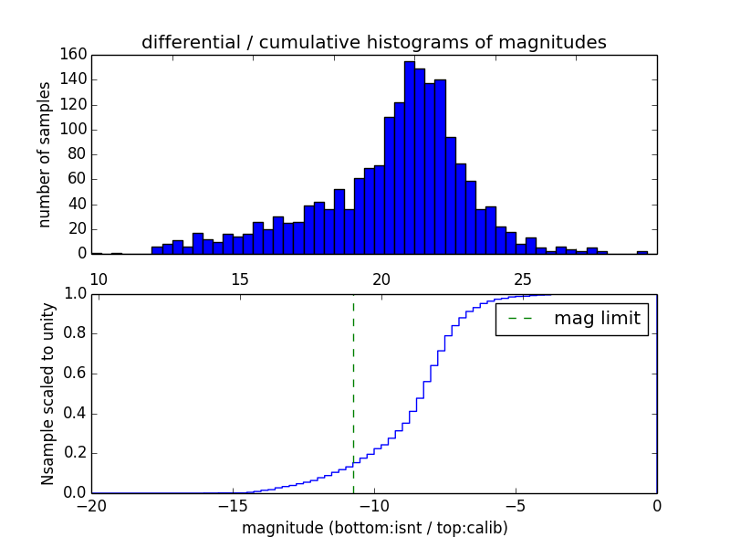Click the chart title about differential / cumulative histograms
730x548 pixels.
[x=373, y=42]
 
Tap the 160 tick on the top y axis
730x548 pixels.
[x=74, y=54]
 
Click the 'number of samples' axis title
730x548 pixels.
[x=45, y=154]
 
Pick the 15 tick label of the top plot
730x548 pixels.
[x=240, y=279]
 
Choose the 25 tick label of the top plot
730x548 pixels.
[x=523, y=279]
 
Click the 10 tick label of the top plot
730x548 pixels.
[x=99, y=279]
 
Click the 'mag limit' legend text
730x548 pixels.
[x=597, y=319]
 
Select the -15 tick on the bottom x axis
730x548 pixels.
[x=233, y=505]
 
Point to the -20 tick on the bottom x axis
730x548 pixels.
[x=91, y=505]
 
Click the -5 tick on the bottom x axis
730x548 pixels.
[x=516, y=505]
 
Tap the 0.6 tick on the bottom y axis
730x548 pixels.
[x=74, y=373]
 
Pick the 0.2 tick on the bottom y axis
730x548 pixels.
[x=74, y=453]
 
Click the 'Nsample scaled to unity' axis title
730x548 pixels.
[x=47, y=393]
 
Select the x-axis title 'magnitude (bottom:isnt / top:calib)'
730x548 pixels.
[x=374, y=528]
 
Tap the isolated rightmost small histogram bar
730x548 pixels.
[x=642, y=252]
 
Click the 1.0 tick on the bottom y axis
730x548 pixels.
[x=74, y=293]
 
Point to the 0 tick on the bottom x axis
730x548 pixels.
[x=656, y=505]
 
